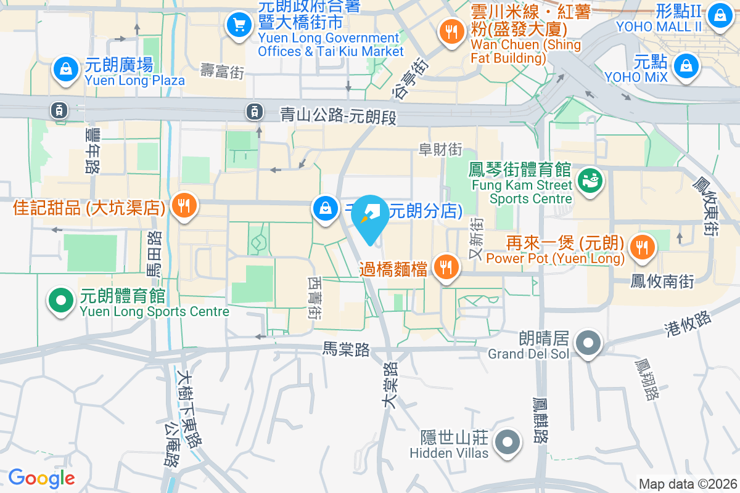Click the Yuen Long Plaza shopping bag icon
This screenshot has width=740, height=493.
point(65,70)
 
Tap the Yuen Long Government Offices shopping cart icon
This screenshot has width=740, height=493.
point(238,25)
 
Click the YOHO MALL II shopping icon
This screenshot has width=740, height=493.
point(719,15)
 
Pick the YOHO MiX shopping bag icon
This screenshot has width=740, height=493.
point(685,66)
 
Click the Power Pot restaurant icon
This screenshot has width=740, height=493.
point(643,247)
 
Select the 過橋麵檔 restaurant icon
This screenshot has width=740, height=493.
point(445,267)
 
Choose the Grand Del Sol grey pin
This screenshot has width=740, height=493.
point(588,342)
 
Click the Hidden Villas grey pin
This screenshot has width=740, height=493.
point(508,441)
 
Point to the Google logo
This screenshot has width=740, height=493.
point(42,478)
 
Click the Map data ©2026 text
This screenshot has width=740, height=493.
point(688,484)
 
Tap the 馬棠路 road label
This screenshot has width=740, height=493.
point(346,349)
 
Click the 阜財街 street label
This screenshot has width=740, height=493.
point(440,149)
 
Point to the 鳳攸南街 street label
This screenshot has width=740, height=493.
point(662,281)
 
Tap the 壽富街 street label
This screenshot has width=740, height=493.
point(223,71)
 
